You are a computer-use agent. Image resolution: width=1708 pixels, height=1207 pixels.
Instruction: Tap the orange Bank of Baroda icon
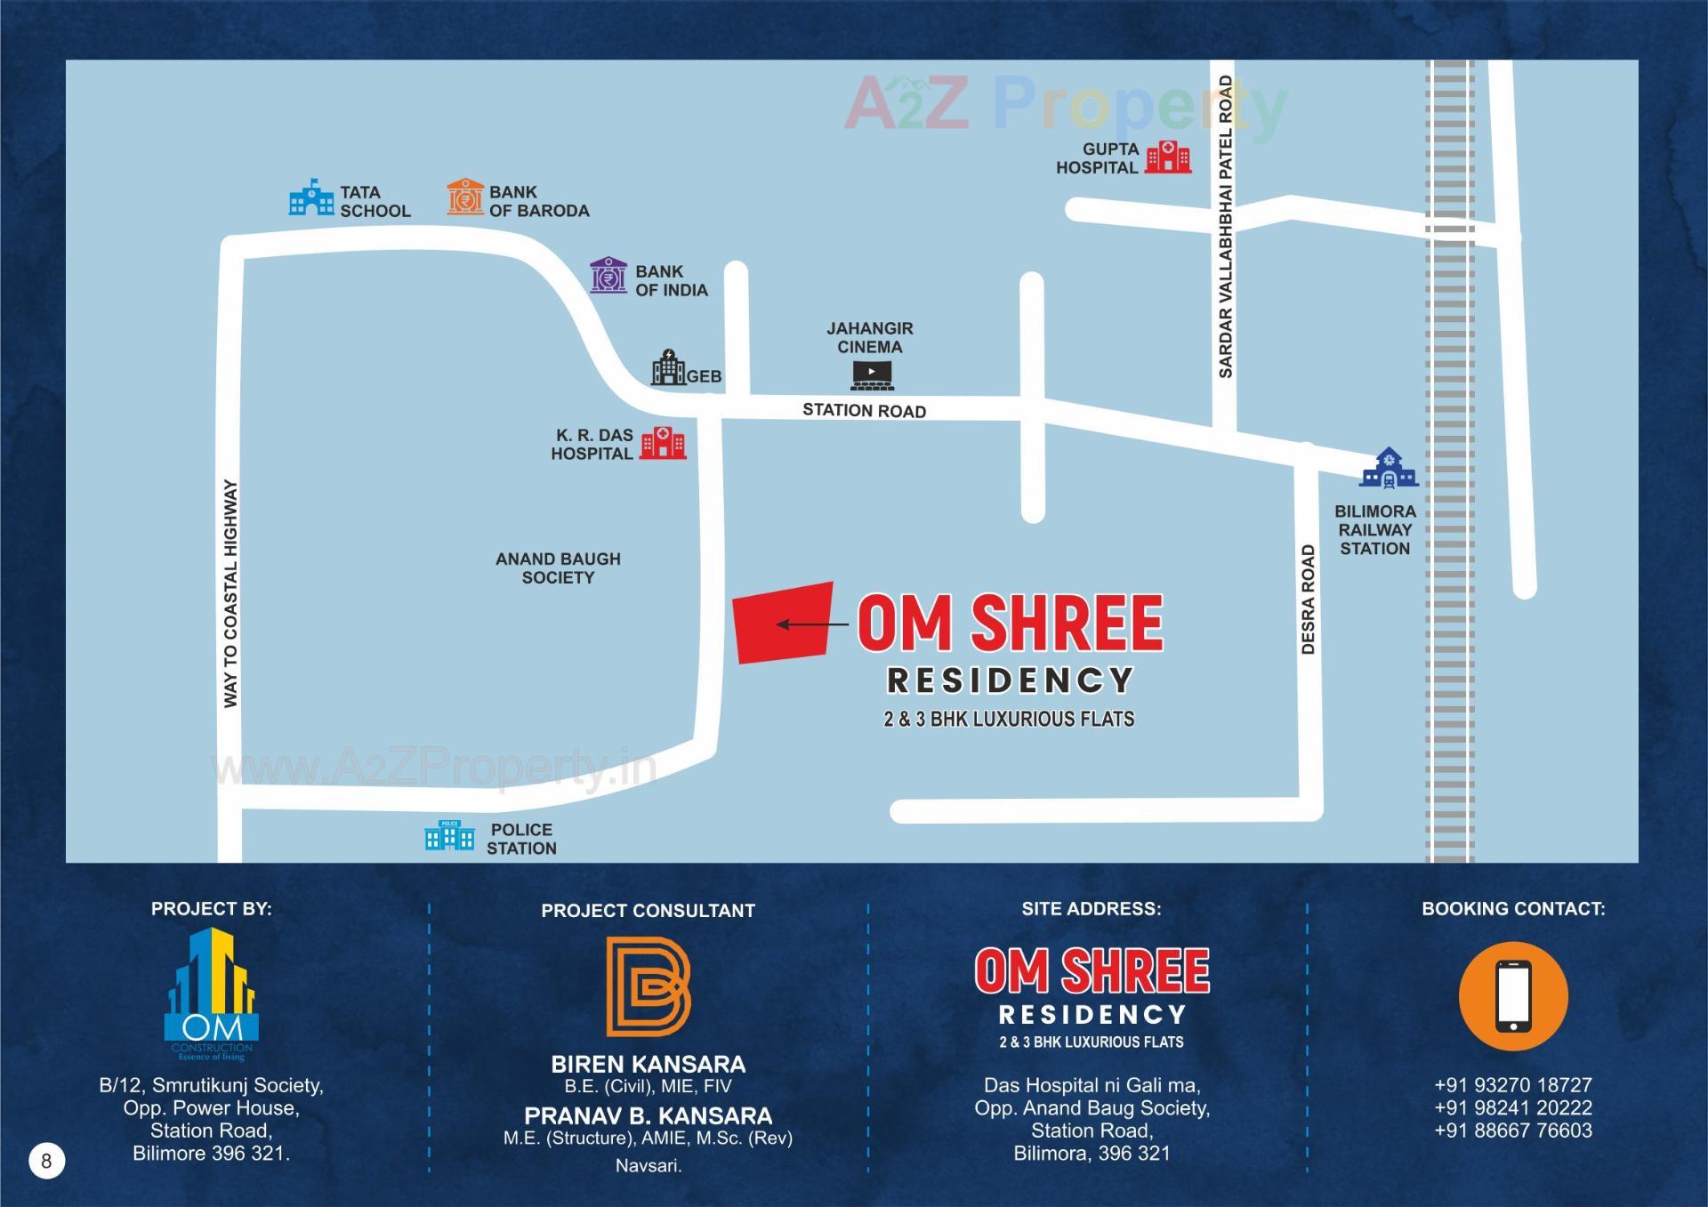coord(465,197)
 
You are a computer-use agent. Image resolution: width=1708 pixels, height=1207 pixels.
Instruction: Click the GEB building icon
coord(668,367)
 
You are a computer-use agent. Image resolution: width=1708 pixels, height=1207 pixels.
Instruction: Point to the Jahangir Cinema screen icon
coord(872,375)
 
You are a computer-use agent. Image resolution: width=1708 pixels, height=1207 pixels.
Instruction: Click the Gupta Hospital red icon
coord(1167,157)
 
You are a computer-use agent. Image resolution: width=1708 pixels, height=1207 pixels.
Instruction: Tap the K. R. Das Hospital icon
coord(663,442)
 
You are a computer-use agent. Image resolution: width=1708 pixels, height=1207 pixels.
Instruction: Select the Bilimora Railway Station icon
coord(1388,468)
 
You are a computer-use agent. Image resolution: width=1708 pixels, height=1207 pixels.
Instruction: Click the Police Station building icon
coord(449,835)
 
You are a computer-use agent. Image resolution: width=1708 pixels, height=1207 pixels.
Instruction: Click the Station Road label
coord(864,410)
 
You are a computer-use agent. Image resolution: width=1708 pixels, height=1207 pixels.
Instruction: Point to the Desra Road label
coord(1308,599)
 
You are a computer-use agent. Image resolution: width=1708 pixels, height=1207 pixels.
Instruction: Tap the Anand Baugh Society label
coord(558,567)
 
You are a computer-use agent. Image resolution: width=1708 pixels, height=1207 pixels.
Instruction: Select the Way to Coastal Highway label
coord(230,593)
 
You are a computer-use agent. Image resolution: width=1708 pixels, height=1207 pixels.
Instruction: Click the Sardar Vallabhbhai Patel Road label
coord(1225,227)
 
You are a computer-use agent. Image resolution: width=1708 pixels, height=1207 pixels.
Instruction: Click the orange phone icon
coord(1512,996)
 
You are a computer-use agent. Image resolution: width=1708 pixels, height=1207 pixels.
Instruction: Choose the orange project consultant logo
coord(648,986)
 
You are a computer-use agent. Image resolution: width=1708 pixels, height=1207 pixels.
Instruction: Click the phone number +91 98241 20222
coord(1512,1107)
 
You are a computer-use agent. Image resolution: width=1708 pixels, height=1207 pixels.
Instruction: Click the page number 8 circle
coord(46,1160)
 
